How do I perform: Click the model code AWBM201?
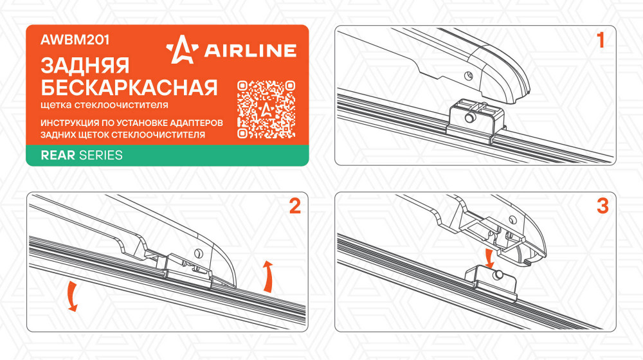click(75, 40)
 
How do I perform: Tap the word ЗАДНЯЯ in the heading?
click(85, 66)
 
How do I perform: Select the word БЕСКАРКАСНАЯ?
click(129, 87)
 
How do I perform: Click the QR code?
click(266, 109)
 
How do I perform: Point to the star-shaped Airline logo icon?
click(182, 50)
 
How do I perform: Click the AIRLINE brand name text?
click(250, 50)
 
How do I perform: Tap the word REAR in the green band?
click(58, 155)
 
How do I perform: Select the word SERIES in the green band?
click(100, 155)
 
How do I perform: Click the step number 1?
click(601, 40)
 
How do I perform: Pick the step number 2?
click(295, 206)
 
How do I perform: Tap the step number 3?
click(602, 206)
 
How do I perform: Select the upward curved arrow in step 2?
click(268, 276)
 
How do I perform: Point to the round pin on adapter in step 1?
click(470, 118)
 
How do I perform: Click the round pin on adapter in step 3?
click(499, 274)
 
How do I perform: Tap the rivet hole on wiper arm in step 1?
click(468, 75)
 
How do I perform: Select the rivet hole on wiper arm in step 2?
click(199, 253)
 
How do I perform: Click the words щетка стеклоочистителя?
click(104, 105)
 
